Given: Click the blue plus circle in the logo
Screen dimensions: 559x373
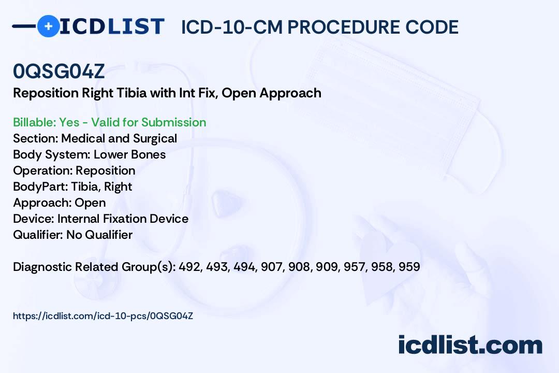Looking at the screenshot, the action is click(49, 26).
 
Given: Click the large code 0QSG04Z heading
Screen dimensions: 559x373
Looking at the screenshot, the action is click(59, 71).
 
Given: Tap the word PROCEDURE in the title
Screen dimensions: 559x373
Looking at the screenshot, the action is click(343, 27).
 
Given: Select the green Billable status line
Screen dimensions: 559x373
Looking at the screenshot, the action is click(109, 122).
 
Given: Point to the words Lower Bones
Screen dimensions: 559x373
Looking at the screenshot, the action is click(130, 154).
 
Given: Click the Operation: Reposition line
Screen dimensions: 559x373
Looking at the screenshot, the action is click(74, 170).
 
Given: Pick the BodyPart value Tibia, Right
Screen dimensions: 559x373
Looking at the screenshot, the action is click(101, 187).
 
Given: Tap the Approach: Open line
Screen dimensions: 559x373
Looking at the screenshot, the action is click(60, 203).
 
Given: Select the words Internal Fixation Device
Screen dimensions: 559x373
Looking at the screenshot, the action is click(123, 219).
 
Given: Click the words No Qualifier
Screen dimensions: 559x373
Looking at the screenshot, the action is click(99, 235).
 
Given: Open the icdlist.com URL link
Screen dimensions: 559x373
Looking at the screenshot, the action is click(103, 316).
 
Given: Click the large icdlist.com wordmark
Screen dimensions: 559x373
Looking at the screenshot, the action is click(470, 345).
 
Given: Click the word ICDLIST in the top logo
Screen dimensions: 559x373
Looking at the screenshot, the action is click(112, 26).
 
